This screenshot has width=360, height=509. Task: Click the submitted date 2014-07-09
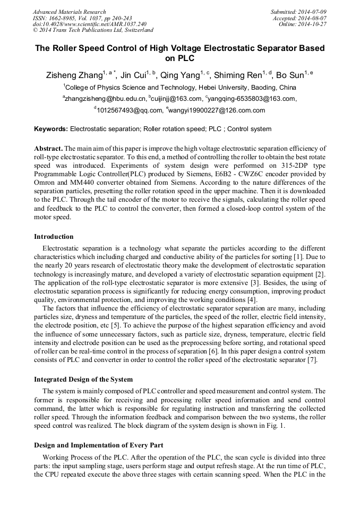tap(311, 12)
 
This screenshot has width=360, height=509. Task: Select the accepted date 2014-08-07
tap(311, 18)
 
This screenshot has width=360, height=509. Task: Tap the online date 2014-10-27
tap(311, 24)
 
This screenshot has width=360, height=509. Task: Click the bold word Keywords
tap(50, 129)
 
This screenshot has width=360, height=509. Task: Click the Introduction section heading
tap(54, 237)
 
